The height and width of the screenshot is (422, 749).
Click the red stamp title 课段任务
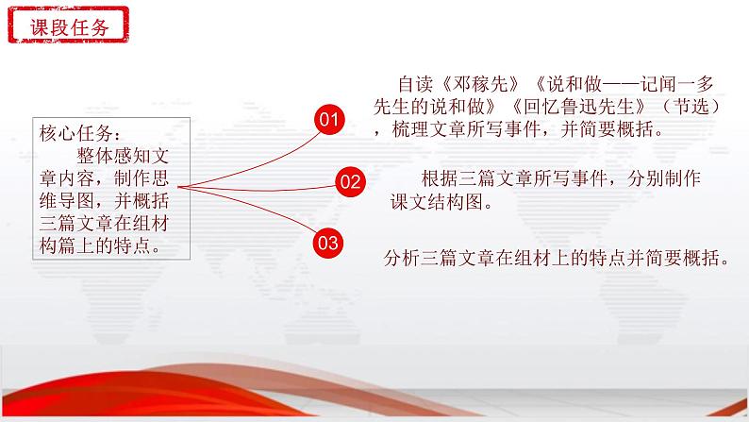click(69, 26)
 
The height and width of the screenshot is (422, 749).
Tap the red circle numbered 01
click(329, 119)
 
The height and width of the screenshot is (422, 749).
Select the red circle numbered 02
click(350, 181)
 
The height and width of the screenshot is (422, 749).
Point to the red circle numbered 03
click(327, 243)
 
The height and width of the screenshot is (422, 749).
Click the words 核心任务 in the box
click(76, 133)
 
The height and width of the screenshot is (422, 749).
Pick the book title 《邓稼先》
click(480, 84)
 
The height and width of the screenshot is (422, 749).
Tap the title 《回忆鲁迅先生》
click(578, 107)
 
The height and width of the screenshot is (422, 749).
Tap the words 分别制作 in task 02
click(664, 178)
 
